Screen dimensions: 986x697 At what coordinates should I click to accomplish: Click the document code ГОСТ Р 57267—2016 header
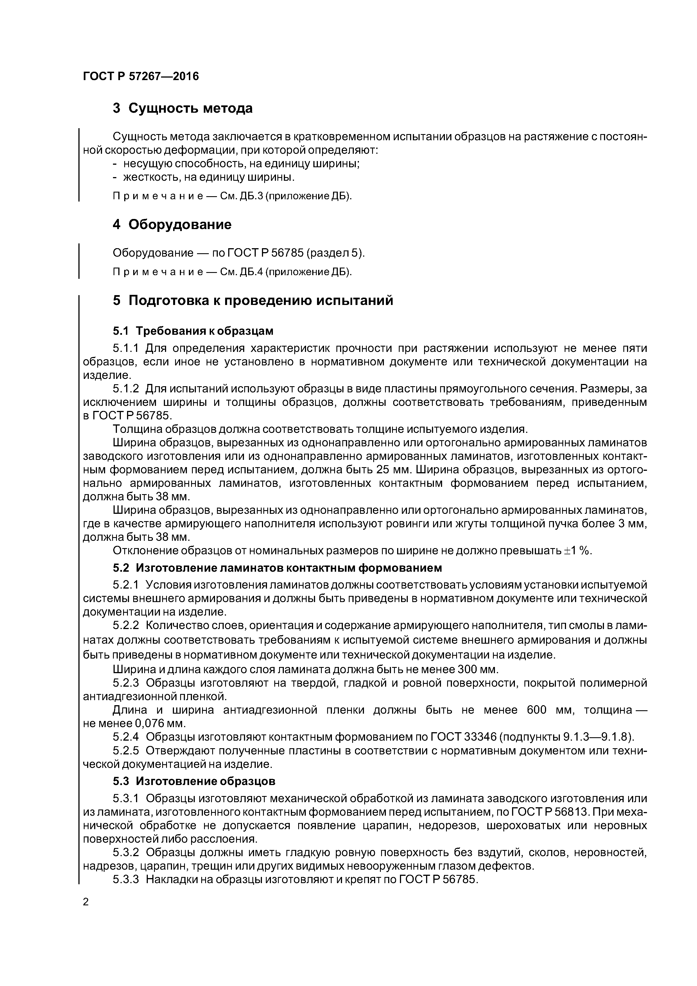point(141,76)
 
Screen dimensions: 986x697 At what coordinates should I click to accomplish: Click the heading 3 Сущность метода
point(182,108)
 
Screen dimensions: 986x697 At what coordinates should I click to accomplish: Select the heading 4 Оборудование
point(172,224)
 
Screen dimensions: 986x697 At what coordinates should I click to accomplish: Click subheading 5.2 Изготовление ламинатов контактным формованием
point(277,568)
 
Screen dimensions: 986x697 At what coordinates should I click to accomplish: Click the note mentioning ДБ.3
point(232,196)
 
